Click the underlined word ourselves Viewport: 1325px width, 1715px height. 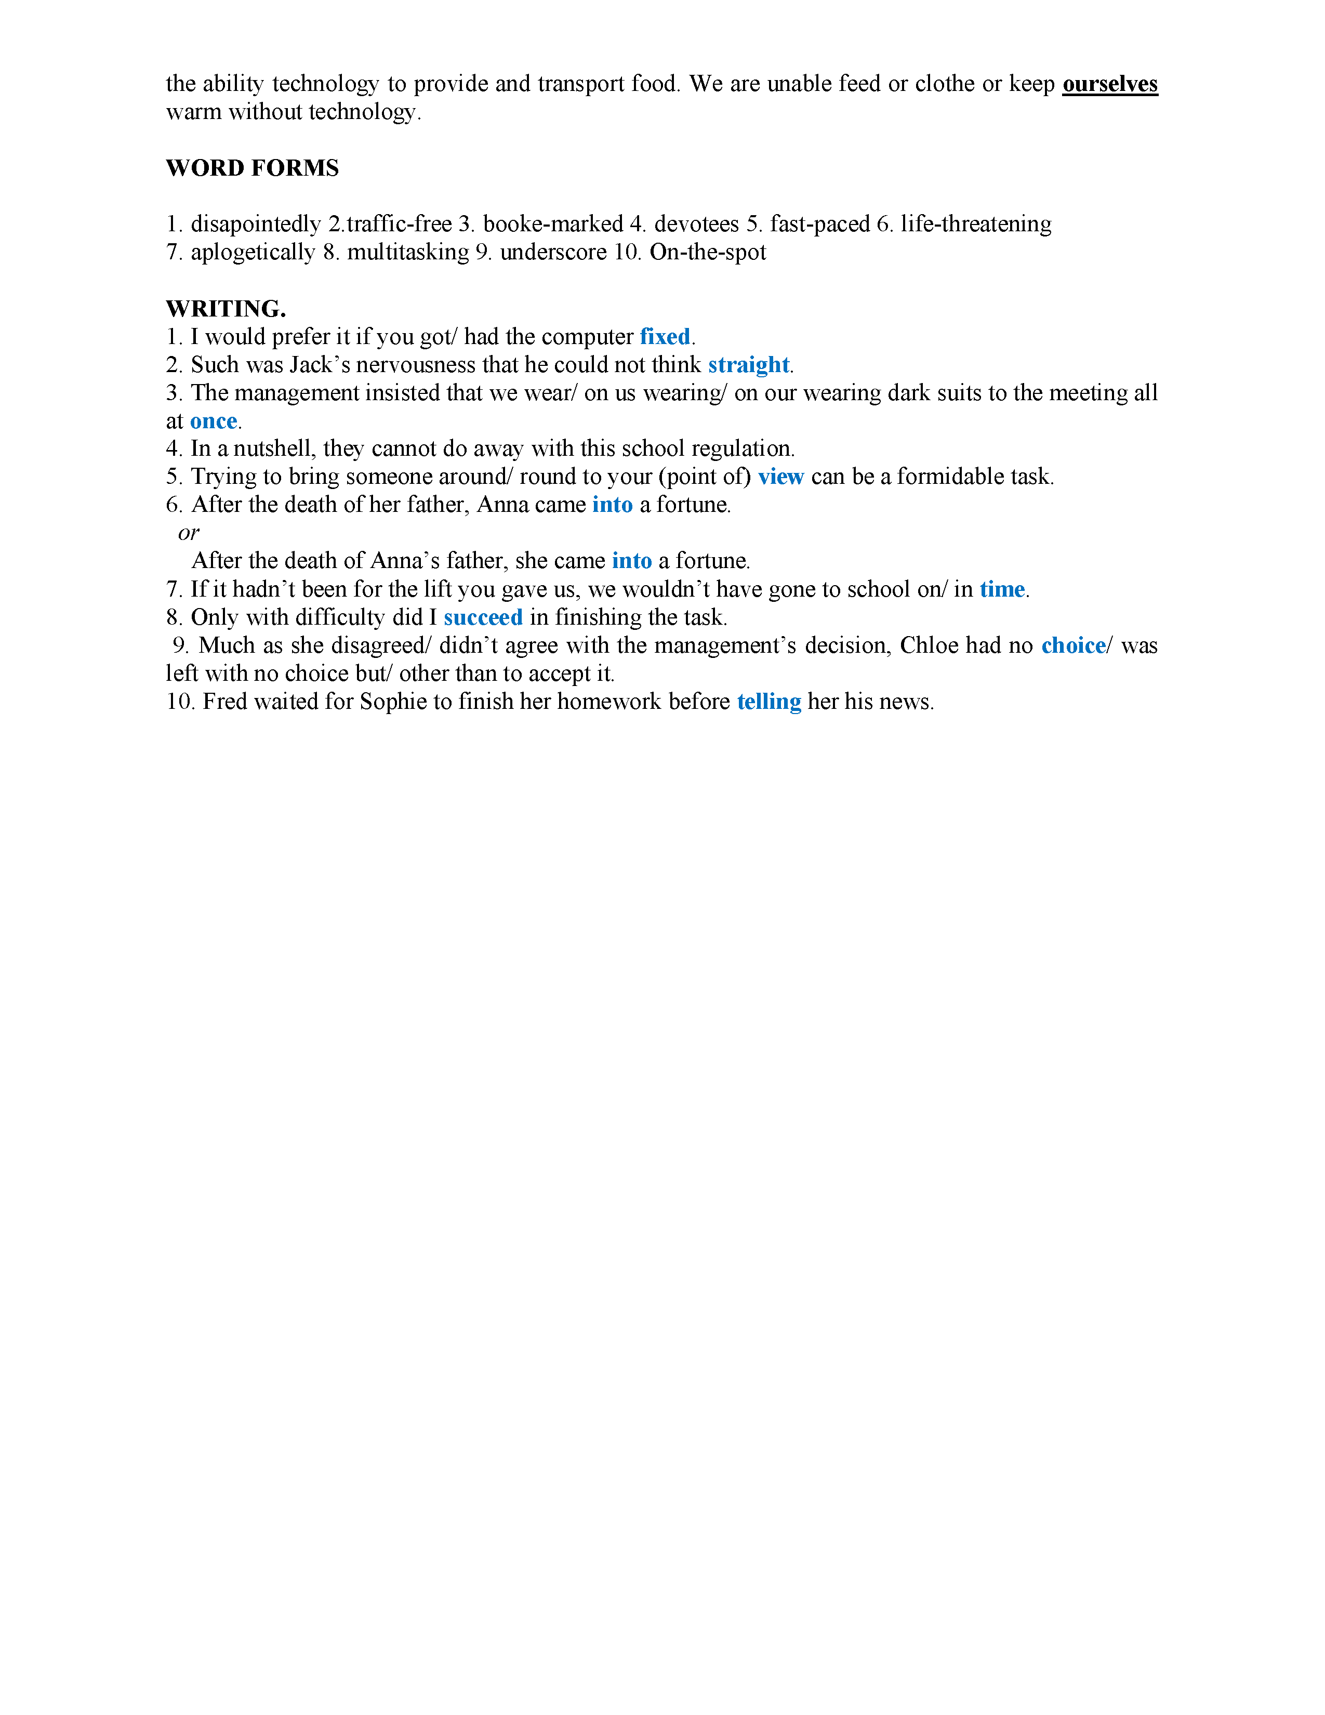tap(1109, 84)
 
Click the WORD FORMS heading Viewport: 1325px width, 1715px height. tap(252, 168)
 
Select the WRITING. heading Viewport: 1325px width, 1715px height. tap(226, 309)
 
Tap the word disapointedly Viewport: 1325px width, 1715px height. tap(256, 225)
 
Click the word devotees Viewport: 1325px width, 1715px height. tap(696, 225)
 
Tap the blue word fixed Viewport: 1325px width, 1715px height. tap(665, 337)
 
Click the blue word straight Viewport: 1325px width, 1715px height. tap(748, 365)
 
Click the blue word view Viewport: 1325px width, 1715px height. tap(780, 477)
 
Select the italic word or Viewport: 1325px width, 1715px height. tap(189, 533)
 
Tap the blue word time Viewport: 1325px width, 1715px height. tap(1002, 590)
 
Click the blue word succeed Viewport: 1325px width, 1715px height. tap(483, 618)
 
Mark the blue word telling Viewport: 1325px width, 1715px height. tap(769, 702)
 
